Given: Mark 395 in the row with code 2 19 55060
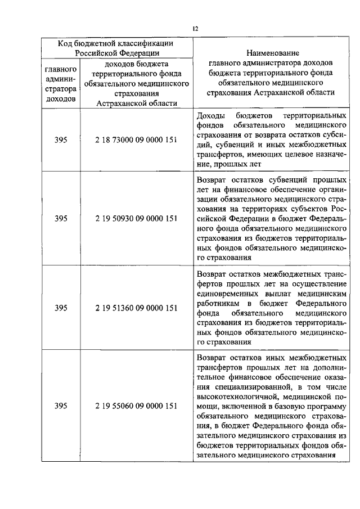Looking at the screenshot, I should [x=61, y=406].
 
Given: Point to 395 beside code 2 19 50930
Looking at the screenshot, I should [x=61, y=219].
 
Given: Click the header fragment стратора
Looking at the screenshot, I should [x=61, y=89].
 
